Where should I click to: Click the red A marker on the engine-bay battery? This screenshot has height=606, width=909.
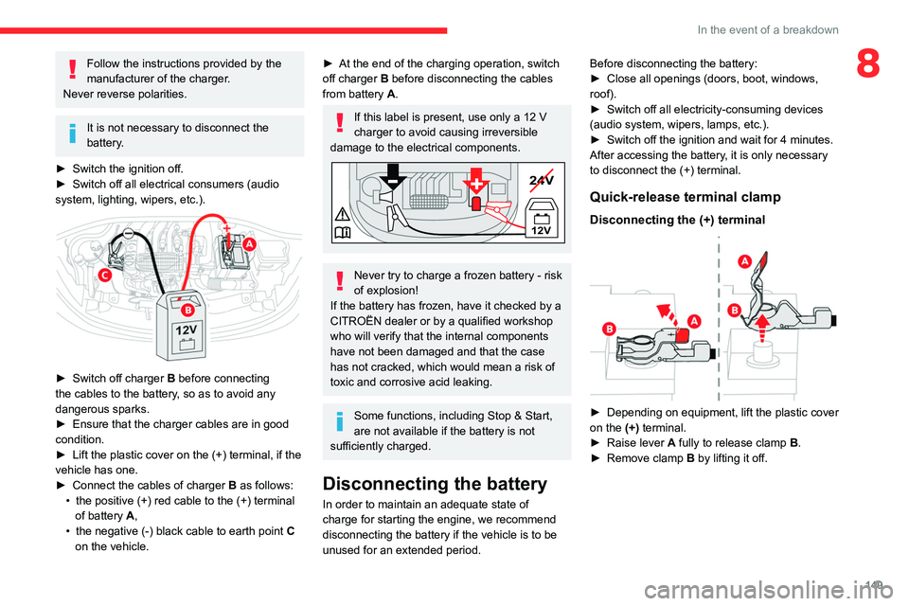click(248, 243)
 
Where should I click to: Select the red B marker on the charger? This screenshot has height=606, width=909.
click(187, 310)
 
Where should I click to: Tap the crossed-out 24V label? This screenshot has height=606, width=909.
click(542, 180)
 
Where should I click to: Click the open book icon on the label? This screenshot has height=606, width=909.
click(342, 233)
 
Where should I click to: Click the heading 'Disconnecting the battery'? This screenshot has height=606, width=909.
click(435, 484)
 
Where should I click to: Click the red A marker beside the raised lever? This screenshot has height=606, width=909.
click(744, 261)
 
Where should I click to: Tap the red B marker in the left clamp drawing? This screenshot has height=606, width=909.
click(611, 328)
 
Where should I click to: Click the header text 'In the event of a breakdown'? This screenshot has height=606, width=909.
click(767, 29)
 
